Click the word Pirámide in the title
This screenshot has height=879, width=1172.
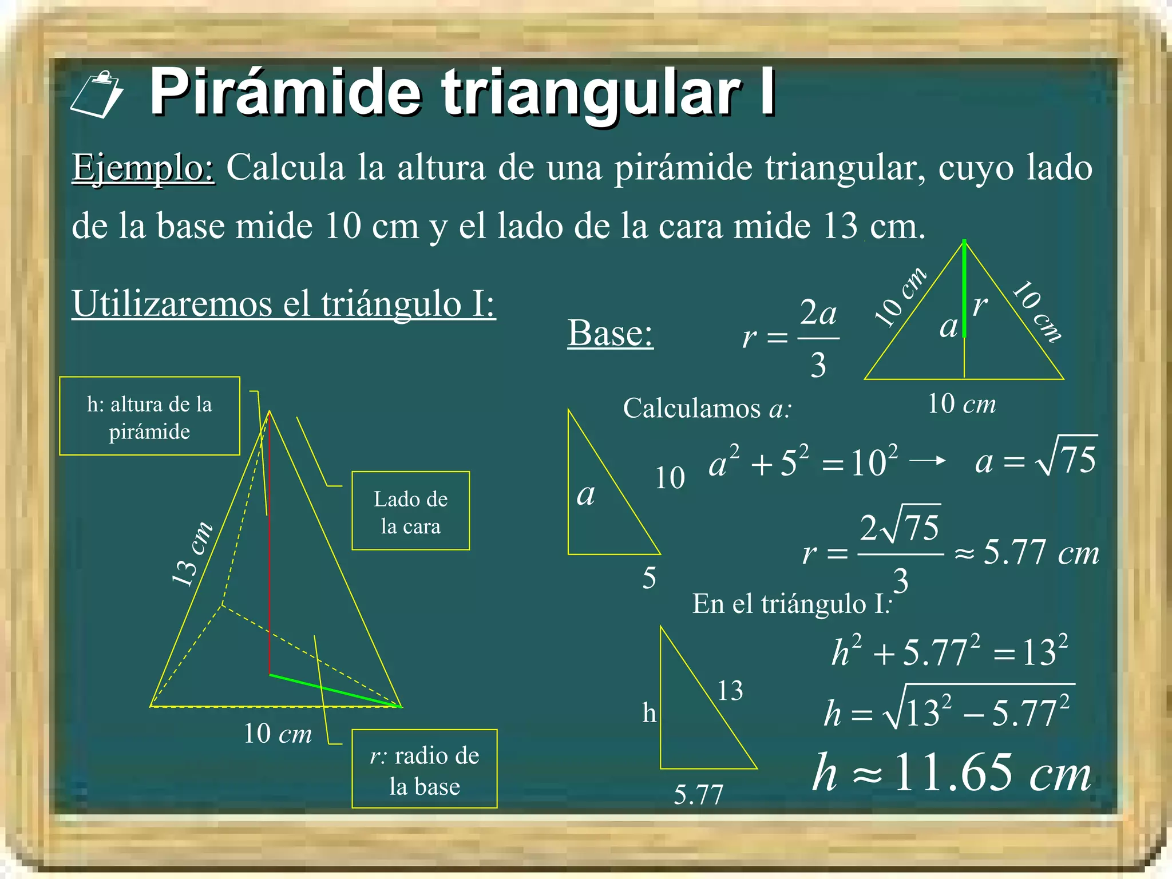(286, 92)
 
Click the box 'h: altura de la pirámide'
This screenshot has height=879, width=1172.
(149, 416)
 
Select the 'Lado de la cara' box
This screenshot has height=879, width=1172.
(410, 511)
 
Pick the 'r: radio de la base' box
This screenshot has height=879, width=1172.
(424, 769)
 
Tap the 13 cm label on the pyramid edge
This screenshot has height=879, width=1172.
(192, 554)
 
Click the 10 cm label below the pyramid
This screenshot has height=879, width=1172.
(278, 733)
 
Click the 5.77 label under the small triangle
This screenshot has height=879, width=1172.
(698, 794)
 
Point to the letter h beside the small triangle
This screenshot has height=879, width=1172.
(649, 713)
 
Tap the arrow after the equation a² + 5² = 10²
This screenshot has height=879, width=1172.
(927, 461)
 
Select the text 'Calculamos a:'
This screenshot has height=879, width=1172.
(707, 409)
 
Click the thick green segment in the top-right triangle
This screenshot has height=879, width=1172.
(964, 289)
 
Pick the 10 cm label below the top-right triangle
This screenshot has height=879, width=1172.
(961, 404)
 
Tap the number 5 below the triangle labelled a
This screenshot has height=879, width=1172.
(649, 578)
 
